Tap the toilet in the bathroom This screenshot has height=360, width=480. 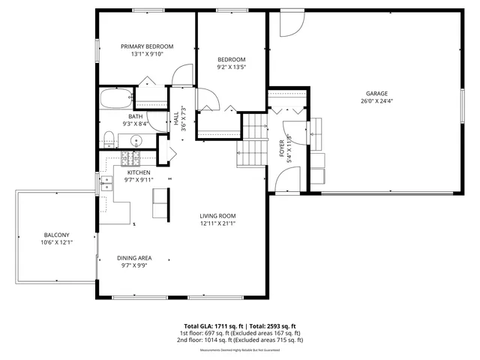[x=108, y=139]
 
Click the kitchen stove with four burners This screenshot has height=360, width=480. [x=131, y=157]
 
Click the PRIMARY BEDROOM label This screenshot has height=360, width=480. [x=147, y=46]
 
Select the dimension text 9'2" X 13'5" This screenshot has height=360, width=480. [x=232, y=67]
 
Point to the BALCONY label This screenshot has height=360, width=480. [x=56, y=235]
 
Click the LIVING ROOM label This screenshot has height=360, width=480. [x=217, y=216]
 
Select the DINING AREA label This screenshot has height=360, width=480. [x=135, y=257]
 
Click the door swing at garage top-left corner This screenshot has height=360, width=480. [x=289, y=24]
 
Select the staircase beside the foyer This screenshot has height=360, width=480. [x=253, y=142]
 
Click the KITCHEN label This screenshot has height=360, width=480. [x=138, y=172]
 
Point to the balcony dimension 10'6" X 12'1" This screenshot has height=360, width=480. [x=56, y=242]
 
